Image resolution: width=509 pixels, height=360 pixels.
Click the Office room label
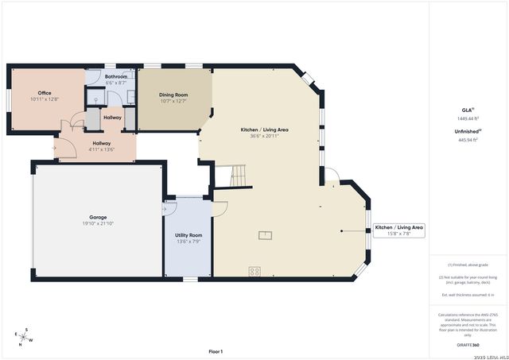pyautogui.click(x=45, y=93)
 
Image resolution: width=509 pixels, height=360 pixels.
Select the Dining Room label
pyautogui.click(x=173, y=95)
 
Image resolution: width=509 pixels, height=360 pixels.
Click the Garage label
pyautogui.click(x=98, y=217)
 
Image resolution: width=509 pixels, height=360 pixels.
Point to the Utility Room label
pyautogui.click(x=188, y=236)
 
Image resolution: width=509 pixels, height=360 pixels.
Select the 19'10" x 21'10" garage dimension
pyautogui.click(x=98, y=223)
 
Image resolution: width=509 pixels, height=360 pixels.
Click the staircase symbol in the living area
pyautogui.click(x=234, y=176)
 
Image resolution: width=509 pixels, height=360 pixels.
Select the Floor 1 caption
pyautogui.click(x=216, y=351)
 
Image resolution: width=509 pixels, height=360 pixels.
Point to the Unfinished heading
pyautogui.click(x=467, y=130)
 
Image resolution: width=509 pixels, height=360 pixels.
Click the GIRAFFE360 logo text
pyautogui.click(x=467, y=345)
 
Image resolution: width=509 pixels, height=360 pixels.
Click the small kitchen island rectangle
pyautogui.click(x=263, y=234)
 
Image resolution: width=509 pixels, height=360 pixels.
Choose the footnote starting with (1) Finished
pyautogui.click(x=467, y=265)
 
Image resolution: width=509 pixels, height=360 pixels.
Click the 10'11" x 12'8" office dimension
pyautogui.click(x=45, y=99)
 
